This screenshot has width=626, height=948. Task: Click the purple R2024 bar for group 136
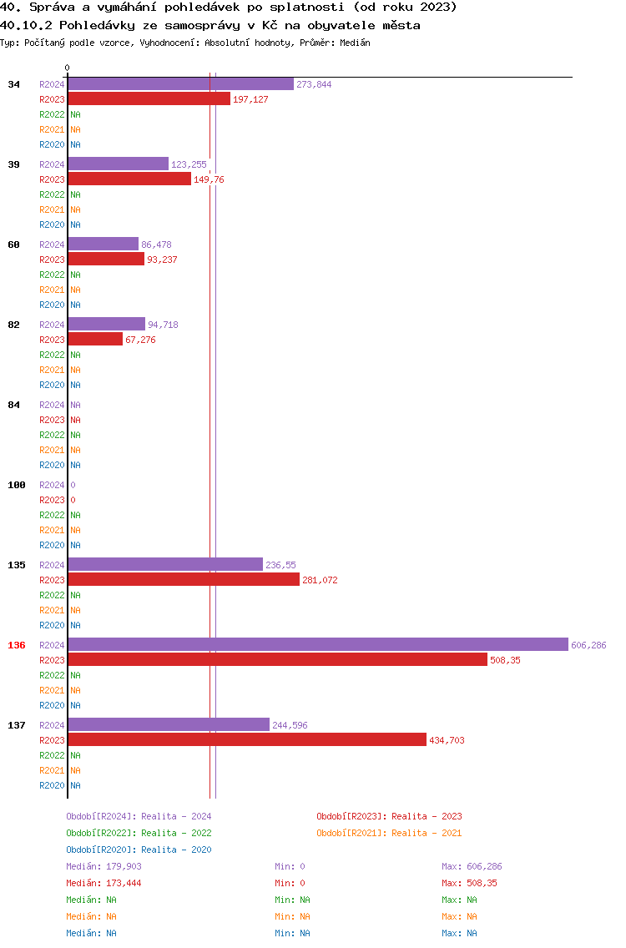[x=318, y=644]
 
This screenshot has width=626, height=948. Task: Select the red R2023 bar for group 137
[x=247, y=739]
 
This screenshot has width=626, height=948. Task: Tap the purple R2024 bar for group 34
[x=181, y=84]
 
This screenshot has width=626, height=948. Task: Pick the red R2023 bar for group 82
[x=95, y=339]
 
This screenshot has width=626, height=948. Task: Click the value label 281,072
[x=320, y=580]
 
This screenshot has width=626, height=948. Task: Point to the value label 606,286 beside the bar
[x=588, y=645]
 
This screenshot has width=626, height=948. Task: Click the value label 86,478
[x=156, y=245]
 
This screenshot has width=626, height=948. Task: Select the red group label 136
[x=17, y=645]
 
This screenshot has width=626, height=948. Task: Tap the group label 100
[x=17, y=485]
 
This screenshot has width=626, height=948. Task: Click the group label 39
[x=14, y=164]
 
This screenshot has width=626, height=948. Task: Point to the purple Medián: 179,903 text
[x=104, y=866]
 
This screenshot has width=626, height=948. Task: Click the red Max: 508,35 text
[x=469, y=883]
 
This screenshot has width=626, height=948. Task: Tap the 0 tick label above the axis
[x=67, y=68]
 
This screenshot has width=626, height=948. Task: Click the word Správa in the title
[x=53, y=8]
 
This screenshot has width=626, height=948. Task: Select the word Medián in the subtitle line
[x=355, y=43]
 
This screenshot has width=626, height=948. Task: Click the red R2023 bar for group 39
[x=129, y=179]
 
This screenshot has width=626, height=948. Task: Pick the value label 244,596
[x=290, y=725]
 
